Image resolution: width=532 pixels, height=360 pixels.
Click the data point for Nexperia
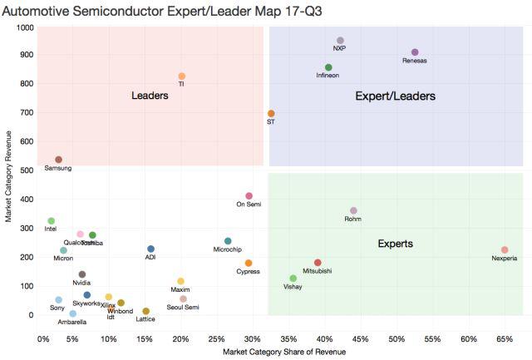click(x=505, y=249)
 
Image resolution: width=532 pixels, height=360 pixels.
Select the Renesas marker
click(x=415, y=52)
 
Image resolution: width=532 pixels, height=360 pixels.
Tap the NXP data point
click(x=340, y=40)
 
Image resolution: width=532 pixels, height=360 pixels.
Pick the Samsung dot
click(x=58, y=160)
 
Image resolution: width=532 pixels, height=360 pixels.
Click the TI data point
click(x=181, y=76)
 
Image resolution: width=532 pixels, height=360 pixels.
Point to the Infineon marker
click(x=328, y=67)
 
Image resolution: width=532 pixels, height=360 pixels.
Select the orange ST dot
click(x=271, y=114)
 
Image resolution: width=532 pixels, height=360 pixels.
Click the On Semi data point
click(x=249, y=196)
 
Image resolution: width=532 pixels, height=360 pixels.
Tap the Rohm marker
click(x=353, y=211)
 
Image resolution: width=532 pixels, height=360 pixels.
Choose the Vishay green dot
click(x=293, y=279)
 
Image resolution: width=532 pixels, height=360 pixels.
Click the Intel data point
click(x=51, y=221)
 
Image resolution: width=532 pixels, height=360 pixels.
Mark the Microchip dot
click(x=228, y=241)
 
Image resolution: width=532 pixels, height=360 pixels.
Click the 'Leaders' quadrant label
click(x=150, y=96)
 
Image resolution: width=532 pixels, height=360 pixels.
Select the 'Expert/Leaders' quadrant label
click(x=395, y=96)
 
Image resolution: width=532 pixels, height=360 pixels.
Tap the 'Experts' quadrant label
click(x=395, y=244)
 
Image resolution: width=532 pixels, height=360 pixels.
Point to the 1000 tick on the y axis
click(x=23, y=27)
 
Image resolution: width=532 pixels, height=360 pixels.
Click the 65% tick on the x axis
click(x=505, y=338)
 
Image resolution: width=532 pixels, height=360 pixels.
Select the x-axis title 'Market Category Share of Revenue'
click(x=284, y=353)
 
